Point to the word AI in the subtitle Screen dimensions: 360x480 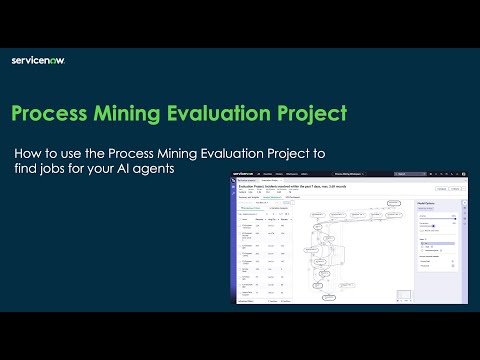point(129,169)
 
